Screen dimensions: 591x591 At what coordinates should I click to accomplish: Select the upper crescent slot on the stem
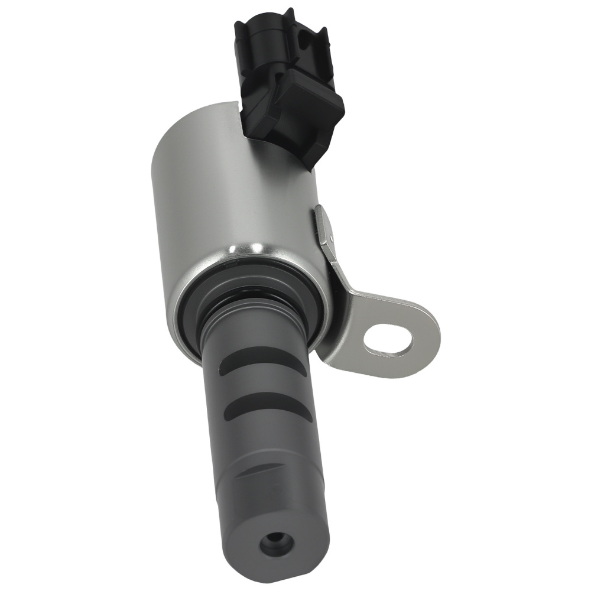click(x=263, y=360)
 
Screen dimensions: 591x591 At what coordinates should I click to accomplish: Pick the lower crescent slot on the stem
click(x=269, y=407)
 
